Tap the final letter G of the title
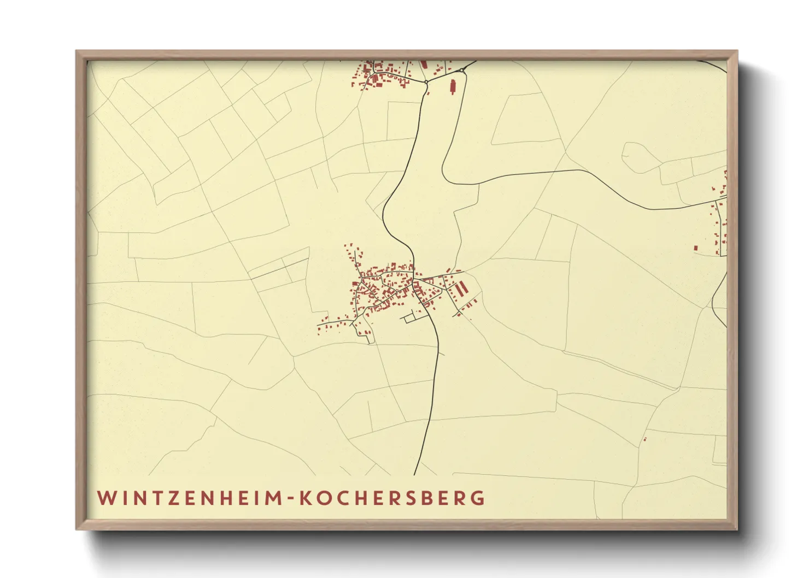(479, 498)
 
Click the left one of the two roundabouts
(426, 82)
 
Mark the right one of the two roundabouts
(462, 70)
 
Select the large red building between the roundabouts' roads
(452, 86)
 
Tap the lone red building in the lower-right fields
(645, 439)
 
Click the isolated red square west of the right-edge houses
(696, 248)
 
